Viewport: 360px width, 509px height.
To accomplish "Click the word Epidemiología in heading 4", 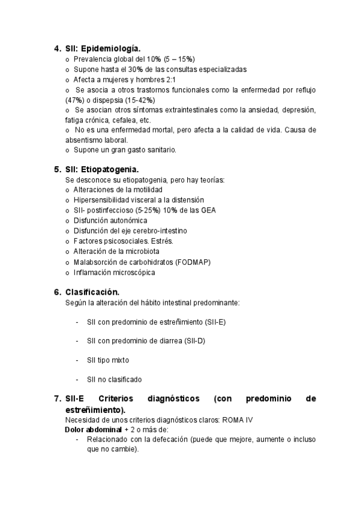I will pos(112,48).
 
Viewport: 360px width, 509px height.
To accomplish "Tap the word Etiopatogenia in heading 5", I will pos(112,169).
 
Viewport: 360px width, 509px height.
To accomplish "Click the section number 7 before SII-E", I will pos(56,398).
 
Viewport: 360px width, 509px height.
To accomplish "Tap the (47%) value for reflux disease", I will pos(74,100).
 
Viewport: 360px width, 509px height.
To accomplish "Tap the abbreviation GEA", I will pos(206,209).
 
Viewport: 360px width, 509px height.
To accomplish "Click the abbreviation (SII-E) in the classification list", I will pos(215,322).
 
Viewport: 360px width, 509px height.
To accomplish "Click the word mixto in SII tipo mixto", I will pos(120,360).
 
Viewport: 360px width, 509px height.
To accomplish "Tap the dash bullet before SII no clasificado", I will pos(77,379).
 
